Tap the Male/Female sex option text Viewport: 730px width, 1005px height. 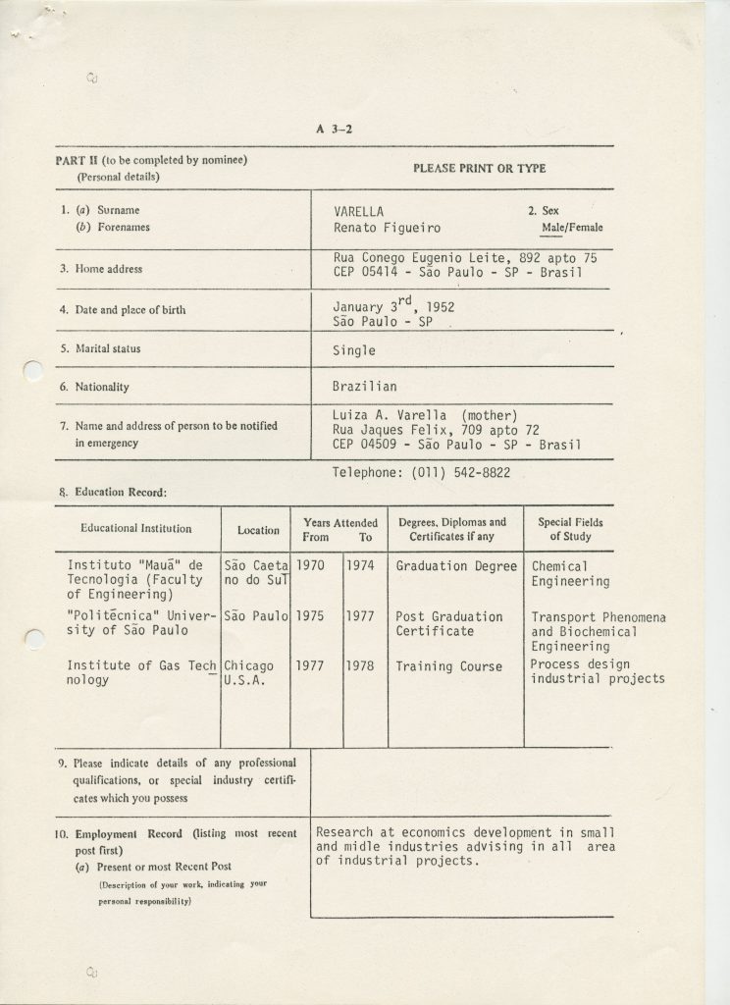pyautogui.click(x=572, y=228)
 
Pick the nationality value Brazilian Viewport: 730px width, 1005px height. pyautogui.click(x=366, y=387)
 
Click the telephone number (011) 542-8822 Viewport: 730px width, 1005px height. pyautogui.click(x=451, y=472)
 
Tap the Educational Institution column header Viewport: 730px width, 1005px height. pyautogui.click(x=135, y=529)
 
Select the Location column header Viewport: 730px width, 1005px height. pyautogui.click(x=258, y=530)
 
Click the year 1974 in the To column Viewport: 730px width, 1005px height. pyautogui.click(x=359, y=566)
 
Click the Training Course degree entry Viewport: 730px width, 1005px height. pyautogui.click(x=448, y=666)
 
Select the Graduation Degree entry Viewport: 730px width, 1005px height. pyautogui.click(x=455, y=566)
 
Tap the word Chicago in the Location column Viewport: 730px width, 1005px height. pyautogui.click(x=249, y=666)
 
